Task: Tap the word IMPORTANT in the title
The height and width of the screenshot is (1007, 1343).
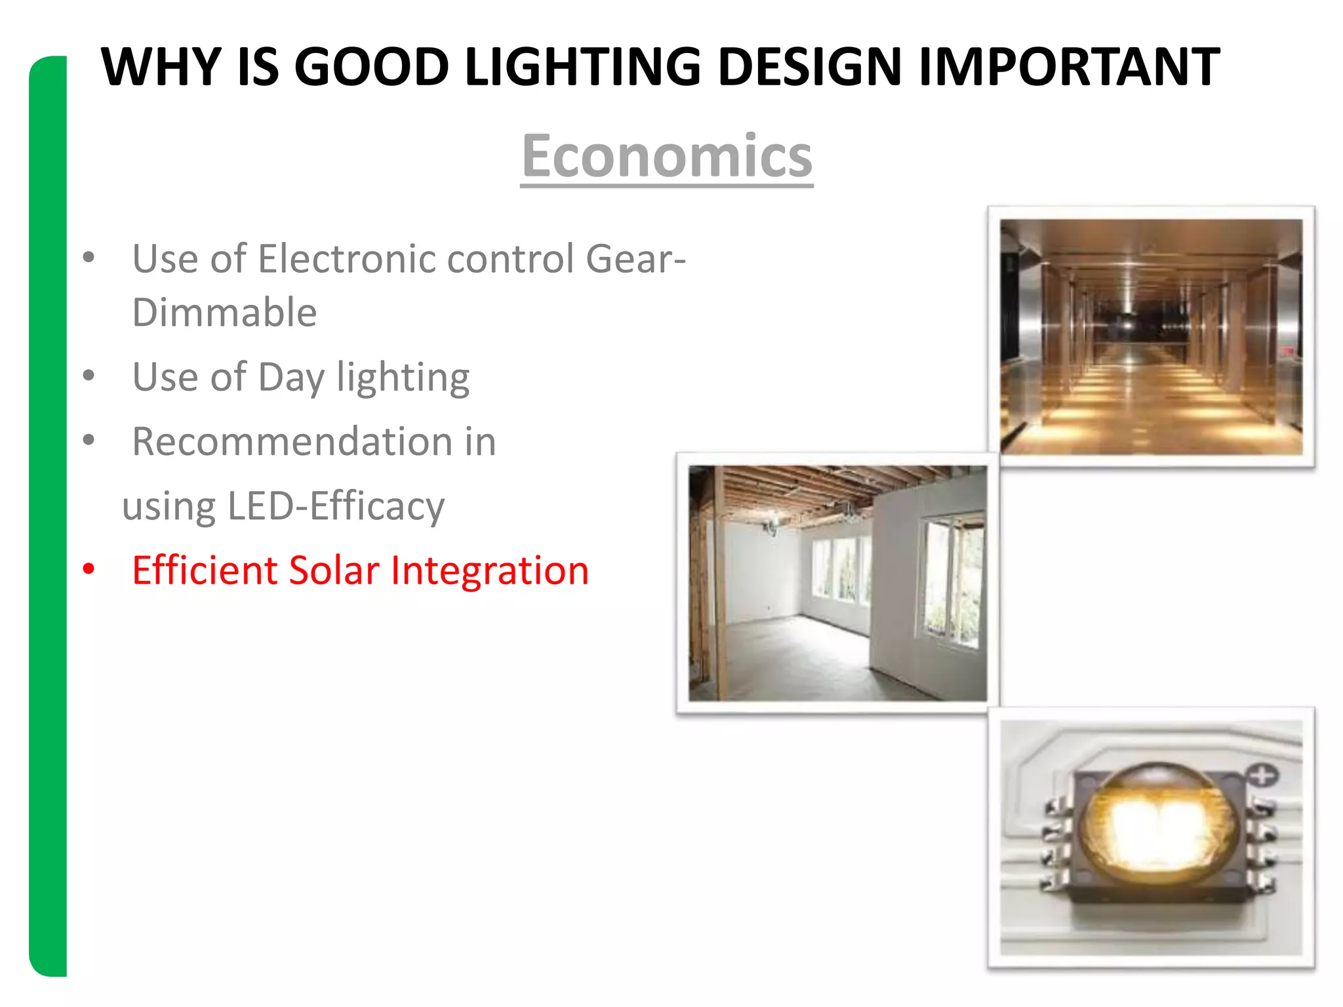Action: (1069, 67)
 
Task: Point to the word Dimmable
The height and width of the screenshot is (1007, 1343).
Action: (224, 312)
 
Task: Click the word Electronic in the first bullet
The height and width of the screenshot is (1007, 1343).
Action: (348, 258)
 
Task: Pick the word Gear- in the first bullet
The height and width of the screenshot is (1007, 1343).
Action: (635, 258)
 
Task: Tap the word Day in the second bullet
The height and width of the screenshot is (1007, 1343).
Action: (291, 378)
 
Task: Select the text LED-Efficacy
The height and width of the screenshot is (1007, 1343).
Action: (336, 506)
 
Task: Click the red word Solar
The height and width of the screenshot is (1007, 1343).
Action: (333, 570)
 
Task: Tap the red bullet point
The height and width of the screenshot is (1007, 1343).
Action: (89, 569)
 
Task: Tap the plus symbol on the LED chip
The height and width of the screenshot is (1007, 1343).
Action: (1262, 776)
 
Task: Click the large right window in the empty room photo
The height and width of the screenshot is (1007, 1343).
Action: (951, 580)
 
